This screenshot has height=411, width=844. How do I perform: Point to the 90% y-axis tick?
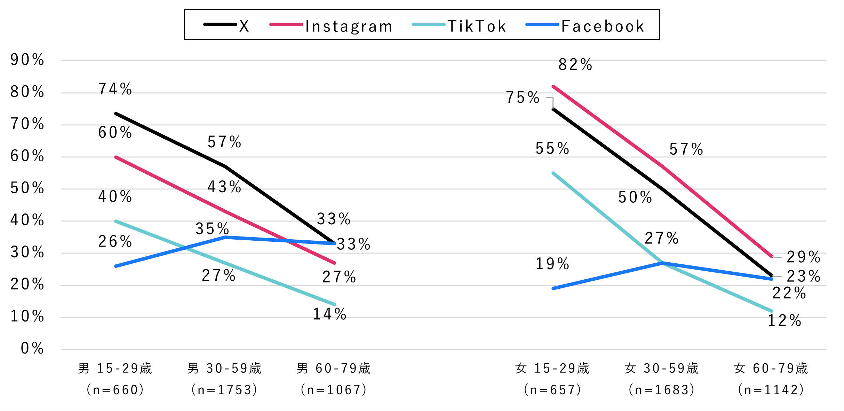[x=27, y=60]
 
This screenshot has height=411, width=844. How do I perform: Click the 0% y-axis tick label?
[x=32, y=348]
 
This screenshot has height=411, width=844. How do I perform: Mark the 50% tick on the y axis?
[x=27, y=188]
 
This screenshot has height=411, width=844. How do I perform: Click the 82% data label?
[x=575, y=65]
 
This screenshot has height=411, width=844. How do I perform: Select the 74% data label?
[x=115, y=89]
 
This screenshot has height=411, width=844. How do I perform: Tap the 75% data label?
[x=523, y=98]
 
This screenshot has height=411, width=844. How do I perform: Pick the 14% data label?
[x=330, y=314]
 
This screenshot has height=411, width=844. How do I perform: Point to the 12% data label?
[x=785, y=321]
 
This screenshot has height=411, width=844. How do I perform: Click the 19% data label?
[x=552, y=264]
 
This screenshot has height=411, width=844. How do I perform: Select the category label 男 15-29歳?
[x=115, y=369]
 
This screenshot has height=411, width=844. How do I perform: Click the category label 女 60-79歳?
[x=771, y=369]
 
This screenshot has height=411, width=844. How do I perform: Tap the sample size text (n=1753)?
[x=224, y=390]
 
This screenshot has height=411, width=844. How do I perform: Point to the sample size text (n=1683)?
[x=662, y=390]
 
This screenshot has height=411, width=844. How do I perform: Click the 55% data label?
[x=552, y=149]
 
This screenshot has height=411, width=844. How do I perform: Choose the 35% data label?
[x=212, y=229]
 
